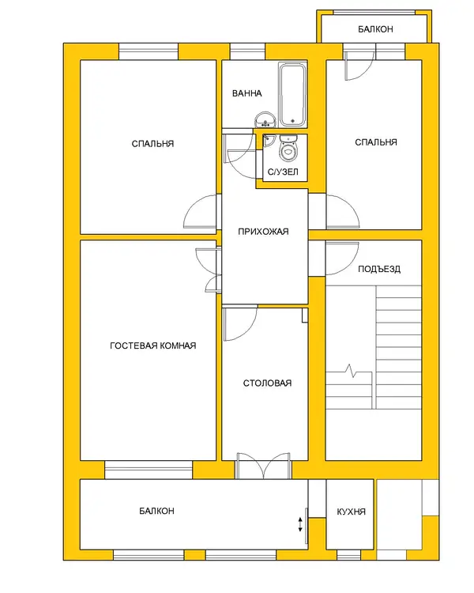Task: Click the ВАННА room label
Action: pyautogui.click(x=246, y=93)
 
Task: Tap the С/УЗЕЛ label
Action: pyautogui.click(x=283, y=172)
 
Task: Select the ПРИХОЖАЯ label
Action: pyautogui.click(x=263, y=232)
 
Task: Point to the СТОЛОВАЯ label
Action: pyautogui.click(x=267, y=383)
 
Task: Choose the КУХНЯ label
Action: pyautogui.click(x=351, y=512)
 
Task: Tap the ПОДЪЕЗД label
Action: pyautogui.click(x=379, y=270)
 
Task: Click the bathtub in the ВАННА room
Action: pyautogui.click(x=292, y=95)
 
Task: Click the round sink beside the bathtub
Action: pyautogui.click(x=265, y=119)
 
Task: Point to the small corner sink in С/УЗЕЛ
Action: pyautogui.click(x=268, y=140)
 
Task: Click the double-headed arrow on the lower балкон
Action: pyautogui.click(x=300, y=524)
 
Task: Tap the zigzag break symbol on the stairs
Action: pyautogui.click(x=352, y=371)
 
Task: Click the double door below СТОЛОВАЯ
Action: pyautogui.click(x=263, y=466)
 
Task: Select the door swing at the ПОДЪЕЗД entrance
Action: pyautogui.click(x=342, y=259)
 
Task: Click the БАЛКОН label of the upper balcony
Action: pyautogui.click(x=375, y=29)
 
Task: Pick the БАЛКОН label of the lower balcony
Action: pyautogui.click(x=156, y=511)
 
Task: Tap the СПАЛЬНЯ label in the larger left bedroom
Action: pyautogui.click(x=152, y=144)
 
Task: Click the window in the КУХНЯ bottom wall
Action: pyautogui.click(x=348, y=555)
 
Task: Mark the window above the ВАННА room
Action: pyautogui.click(x=247, y=51)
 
